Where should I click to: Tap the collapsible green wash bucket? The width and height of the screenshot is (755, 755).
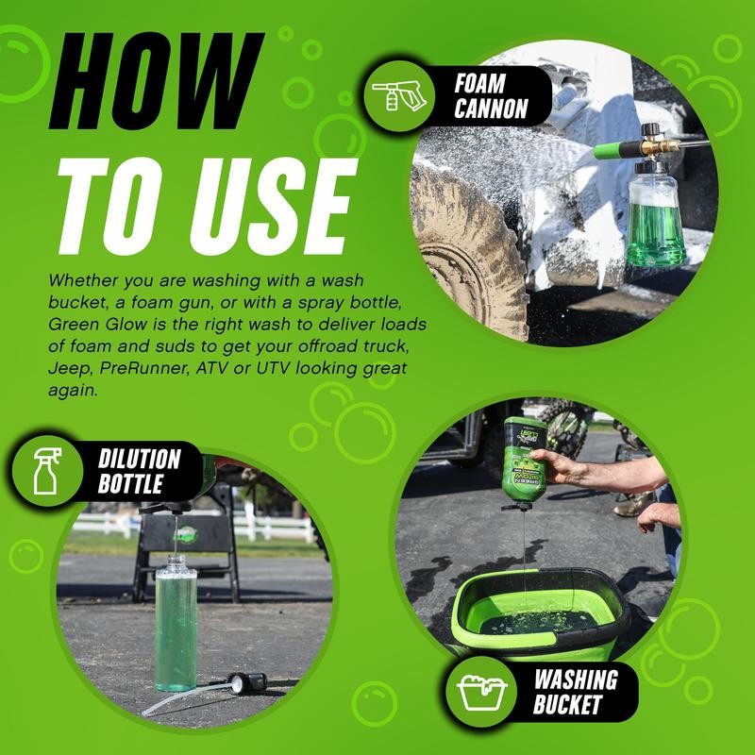(x=538, y=613)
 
